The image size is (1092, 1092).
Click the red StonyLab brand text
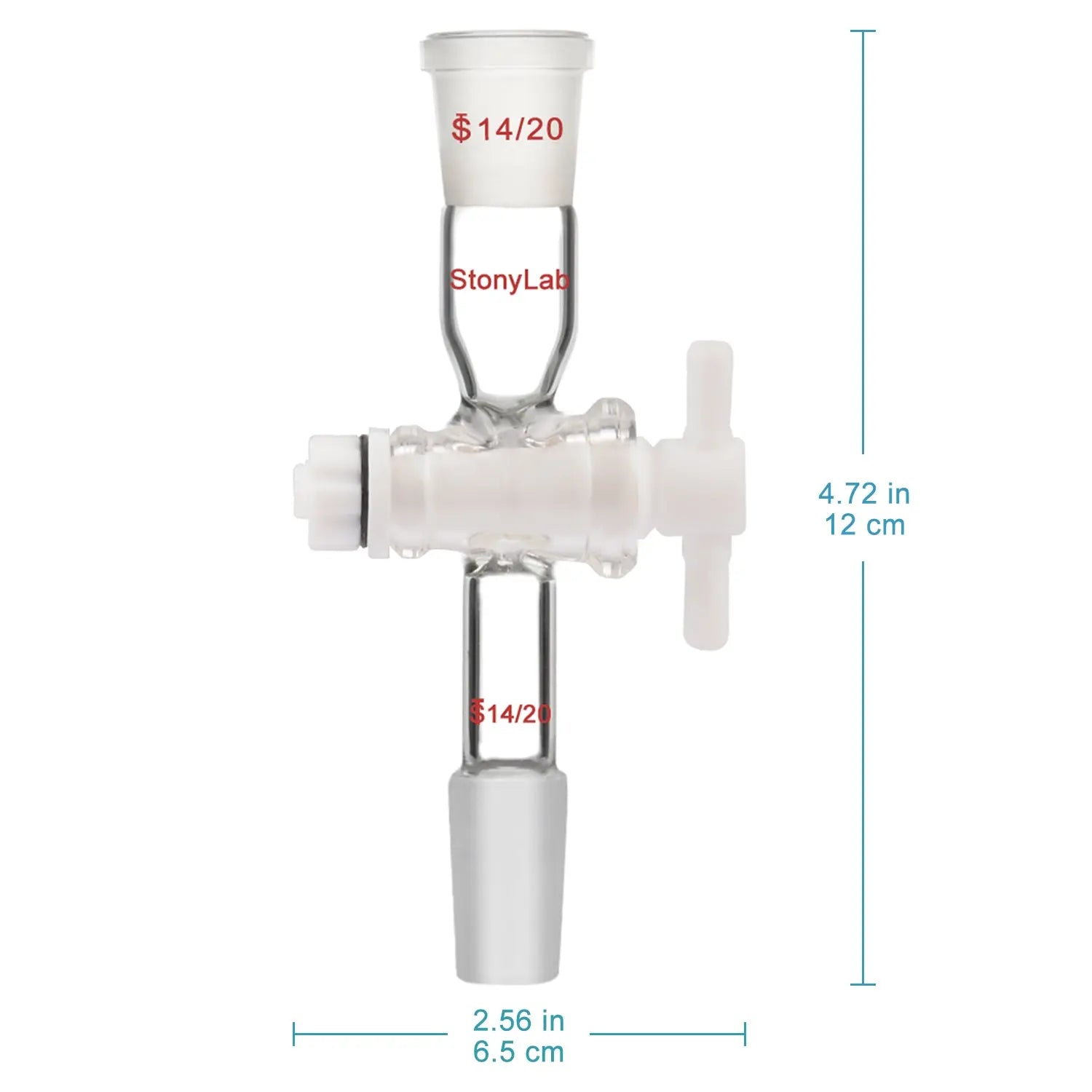(509, 280)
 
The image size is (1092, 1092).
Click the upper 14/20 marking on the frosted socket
(519, 129)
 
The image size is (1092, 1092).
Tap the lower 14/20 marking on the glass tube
(518, 713)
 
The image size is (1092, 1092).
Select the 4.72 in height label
(864, 494)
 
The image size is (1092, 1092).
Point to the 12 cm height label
(864, 524)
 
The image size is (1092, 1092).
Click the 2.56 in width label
(518, 1021)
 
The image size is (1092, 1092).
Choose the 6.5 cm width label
(518, 1051)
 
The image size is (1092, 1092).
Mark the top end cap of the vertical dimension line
(863, 31)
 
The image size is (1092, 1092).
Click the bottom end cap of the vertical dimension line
(863, 984)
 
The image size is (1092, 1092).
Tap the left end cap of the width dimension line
(294, 1034)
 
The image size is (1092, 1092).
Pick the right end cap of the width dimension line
(745, 1034)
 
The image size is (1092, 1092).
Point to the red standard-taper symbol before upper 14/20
(460, 129)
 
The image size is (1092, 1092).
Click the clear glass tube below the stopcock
(509, 641)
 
